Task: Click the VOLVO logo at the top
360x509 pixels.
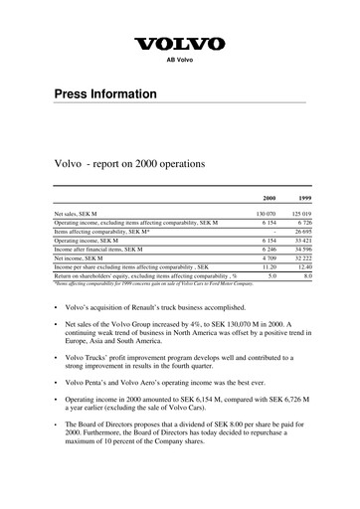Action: [x=179, y=44]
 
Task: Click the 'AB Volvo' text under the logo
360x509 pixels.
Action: [x=179, y=62]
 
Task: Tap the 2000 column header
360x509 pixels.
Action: [x=268, y=199]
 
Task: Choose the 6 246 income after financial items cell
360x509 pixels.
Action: [x=265, y=249]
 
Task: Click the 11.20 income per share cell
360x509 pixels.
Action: [x=266, y=266]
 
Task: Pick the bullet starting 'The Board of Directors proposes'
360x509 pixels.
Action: [x=188, y=461]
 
